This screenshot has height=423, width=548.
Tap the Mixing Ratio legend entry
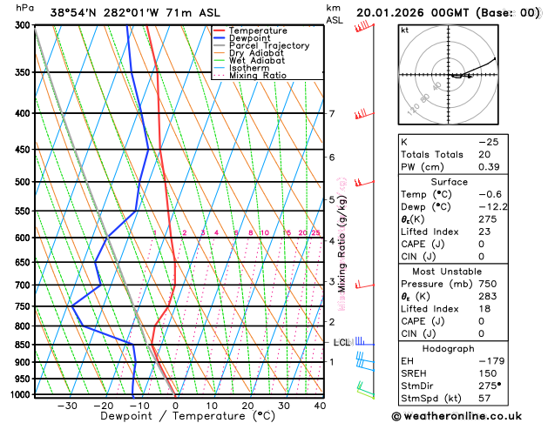click(x=259, y=76)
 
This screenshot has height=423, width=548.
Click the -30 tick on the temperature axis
click(x=67, y=406)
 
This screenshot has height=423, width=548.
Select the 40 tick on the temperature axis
click(x=320, y=406)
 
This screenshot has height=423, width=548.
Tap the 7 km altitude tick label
click(x=332, y=114)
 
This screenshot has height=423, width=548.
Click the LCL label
click(x=342, y=343)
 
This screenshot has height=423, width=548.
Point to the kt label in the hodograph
click(x=405, y=30)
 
